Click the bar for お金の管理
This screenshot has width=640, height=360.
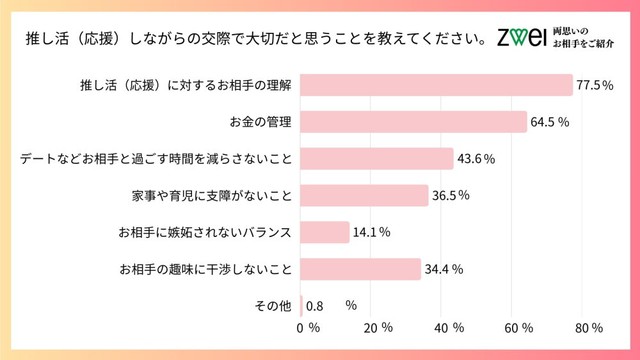(x=414, y=122)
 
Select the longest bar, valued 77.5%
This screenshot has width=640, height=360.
(x=437, y=85)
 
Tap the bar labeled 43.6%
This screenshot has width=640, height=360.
(x=377, y=159)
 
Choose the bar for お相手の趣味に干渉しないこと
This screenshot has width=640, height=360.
(x=361, y=269)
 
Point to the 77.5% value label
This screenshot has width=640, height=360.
(x=594, y=85)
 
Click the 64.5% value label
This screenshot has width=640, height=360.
(x=550, y=122)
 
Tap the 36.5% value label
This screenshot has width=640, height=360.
(x=451, y=196)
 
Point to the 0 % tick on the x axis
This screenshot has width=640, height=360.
(x=308, y=328)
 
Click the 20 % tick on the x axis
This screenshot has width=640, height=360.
(x=377, y=328)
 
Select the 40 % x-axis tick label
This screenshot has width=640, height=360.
(x=449, y=328)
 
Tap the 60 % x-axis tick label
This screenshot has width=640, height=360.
(x=521, y=328)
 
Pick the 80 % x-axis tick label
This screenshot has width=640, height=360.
(x=590, y=328)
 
